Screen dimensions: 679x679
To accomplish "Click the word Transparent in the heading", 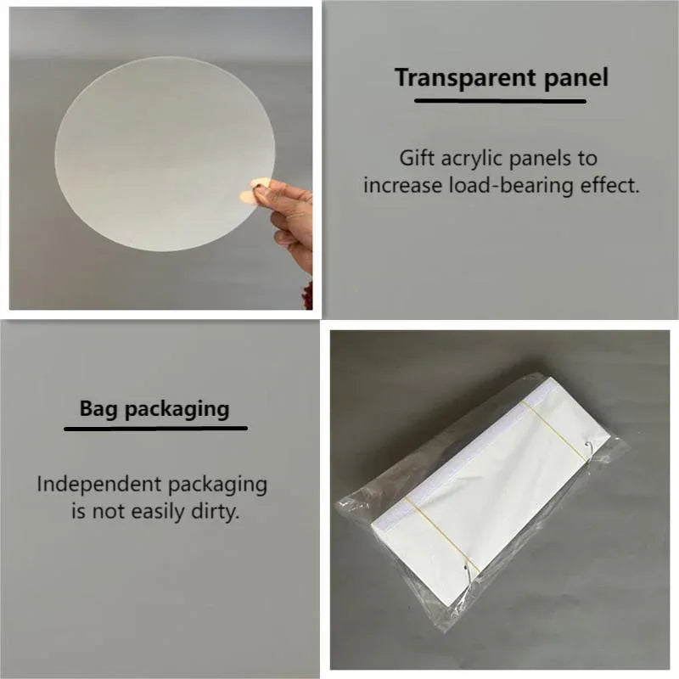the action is point(465,78).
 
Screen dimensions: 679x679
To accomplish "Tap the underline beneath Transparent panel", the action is point(500,101).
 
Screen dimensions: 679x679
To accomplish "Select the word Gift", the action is point(417,158).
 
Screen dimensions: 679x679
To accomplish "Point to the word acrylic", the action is point(472,159).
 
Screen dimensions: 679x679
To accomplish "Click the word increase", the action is point(402,186).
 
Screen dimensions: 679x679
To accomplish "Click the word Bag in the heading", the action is point(98,409).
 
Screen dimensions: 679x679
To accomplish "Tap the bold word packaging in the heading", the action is point(177,410).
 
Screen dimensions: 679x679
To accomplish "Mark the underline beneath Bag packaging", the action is point(156,429).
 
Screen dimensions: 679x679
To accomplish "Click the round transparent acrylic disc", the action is point(165,154).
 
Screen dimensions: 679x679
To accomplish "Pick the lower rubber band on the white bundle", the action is point(441,536).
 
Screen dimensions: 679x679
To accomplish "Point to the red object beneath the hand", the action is point(307,295).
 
